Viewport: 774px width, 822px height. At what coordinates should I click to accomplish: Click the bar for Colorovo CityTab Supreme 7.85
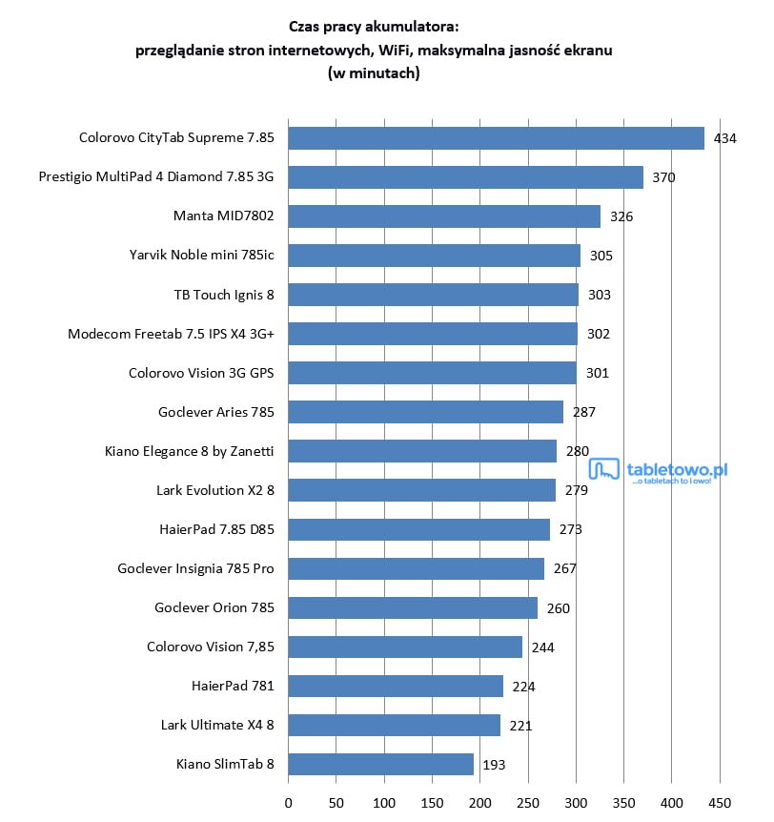[496, 138]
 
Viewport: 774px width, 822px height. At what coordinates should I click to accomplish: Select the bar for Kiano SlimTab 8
[380, 764]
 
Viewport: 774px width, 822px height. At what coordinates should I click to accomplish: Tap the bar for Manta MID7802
[444, 216]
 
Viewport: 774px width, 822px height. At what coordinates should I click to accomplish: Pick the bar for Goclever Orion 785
[413, 607]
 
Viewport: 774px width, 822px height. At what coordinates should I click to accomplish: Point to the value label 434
[725, 138]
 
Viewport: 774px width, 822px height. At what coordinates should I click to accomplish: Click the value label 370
[663, 177]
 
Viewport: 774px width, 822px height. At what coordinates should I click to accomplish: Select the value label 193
[494, 765]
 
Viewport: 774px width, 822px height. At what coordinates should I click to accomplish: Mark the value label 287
[583, 412]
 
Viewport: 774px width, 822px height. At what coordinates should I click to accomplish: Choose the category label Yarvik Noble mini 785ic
[201, 256]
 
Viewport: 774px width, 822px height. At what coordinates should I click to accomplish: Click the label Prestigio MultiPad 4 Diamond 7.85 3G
[156, 177]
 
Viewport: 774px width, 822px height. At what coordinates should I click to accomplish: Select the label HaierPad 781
[233, 686]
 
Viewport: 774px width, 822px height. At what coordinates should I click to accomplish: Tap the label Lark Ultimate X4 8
[217, 725]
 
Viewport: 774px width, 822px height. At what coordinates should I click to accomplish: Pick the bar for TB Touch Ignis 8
[433, 295]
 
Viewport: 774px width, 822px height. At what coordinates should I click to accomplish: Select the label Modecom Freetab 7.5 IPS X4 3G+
[171, 334]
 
